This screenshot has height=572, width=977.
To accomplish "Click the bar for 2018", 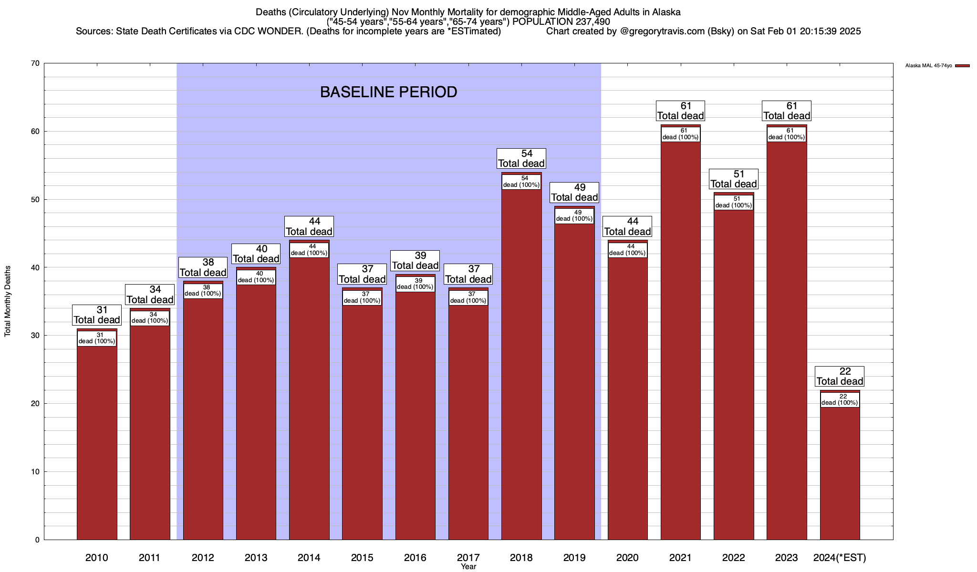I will coord(521,362).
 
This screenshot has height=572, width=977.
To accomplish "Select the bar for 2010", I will coord(97,439).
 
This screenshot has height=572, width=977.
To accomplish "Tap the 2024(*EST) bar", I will coord(840,472).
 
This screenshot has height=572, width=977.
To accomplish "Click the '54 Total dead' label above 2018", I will coord(521,159).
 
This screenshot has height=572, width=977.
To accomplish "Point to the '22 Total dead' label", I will coord(840,377).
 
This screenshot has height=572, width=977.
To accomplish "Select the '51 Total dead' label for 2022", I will coord(734,179).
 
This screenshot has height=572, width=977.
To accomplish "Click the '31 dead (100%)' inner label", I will coord(97,338).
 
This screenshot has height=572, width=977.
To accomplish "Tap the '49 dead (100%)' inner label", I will coord(574,216).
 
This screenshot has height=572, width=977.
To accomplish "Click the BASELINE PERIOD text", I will coord(388,92).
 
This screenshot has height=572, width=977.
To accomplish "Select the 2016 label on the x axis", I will coord(415,558).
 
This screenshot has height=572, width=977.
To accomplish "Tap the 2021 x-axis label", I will coord(681,558).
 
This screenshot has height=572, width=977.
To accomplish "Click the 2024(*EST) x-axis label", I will coord(840,558).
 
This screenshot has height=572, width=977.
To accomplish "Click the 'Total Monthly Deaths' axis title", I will coord(8,301).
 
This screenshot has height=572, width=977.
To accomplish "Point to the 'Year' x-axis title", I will coord(468,567).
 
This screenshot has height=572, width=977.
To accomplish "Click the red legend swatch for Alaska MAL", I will coord(962,66).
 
